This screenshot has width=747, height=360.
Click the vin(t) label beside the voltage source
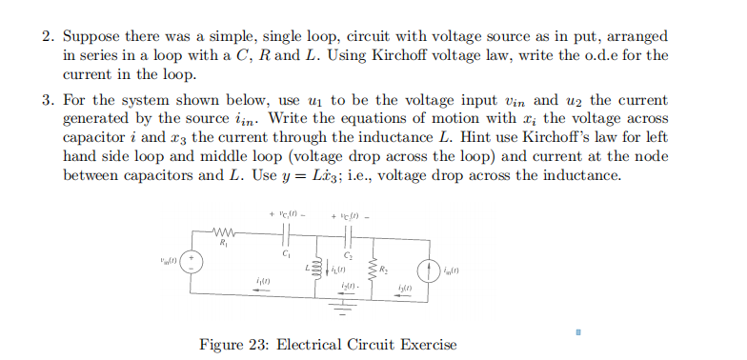coord(170,258)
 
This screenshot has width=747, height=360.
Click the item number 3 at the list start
coord(48,101)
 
